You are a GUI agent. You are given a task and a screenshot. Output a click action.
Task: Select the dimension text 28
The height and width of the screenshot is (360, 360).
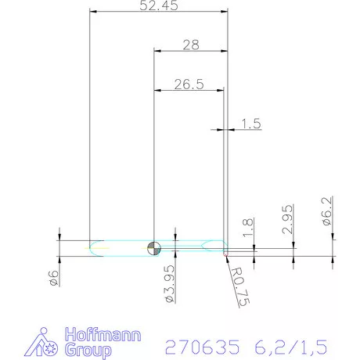(190, 45)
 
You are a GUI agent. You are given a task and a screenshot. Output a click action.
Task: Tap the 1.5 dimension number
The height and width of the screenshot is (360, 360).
(250, 122)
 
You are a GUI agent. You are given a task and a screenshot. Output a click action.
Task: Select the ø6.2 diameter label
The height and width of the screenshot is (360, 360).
(328, 212)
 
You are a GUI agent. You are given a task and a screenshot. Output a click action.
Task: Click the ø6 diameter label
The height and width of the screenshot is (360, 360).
(54, 276)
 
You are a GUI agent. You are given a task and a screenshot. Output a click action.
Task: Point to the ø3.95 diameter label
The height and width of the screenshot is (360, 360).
(167, 283)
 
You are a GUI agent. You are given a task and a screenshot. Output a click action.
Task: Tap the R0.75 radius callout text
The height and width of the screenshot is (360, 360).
(241, 286)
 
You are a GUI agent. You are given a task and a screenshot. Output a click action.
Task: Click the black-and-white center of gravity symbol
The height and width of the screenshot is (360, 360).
(154, 248)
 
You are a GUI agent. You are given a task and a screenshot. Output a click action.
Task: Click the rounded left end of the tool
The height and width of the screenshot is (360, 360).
(93, 248)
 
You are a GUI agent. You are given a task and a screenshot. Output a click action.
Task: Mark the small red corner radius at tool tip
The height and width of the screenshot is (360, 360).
(226, 253)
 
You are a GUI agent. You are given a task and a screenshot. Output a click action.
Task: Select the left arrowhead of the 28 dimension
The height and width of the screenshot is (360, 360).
(157, 51)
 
